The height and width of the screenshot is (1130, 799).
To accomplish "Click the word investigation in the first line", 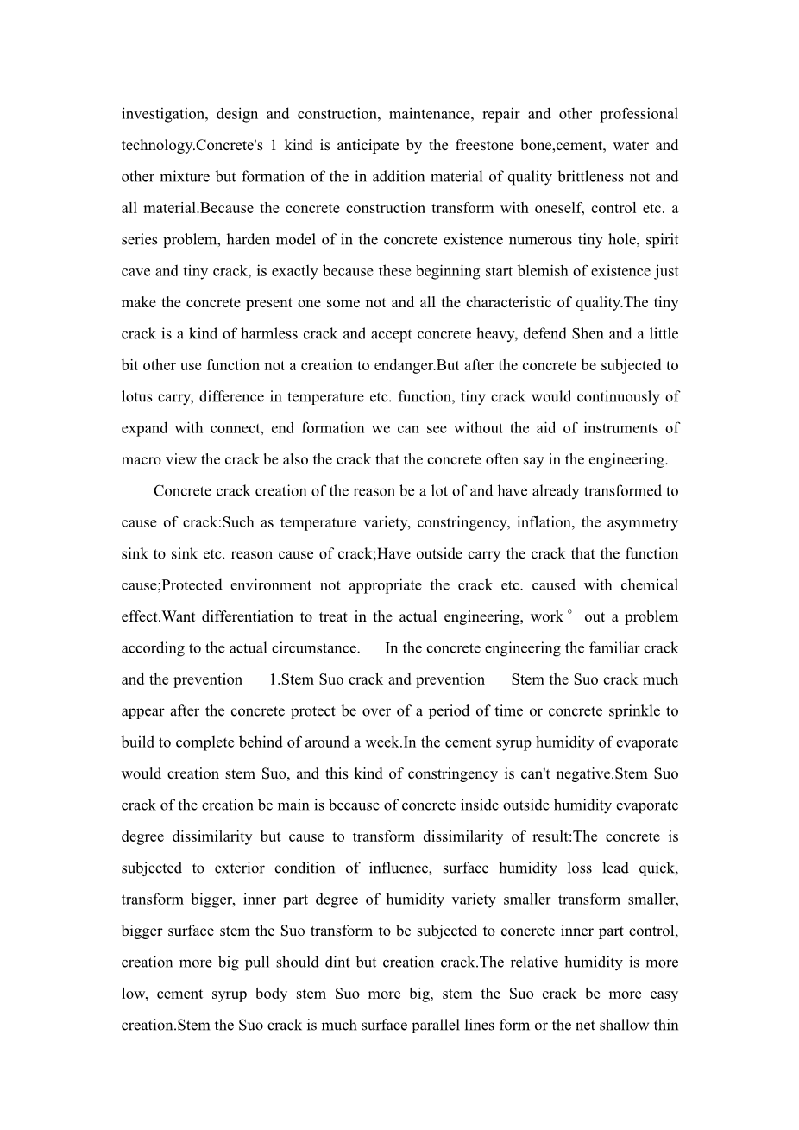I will (x=163, y=114).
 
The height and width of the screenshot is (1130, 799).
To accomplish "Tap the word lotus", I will (x=137, y=397).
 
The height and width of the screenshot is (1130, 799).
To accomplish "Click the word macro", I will (x=141, y=459).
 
